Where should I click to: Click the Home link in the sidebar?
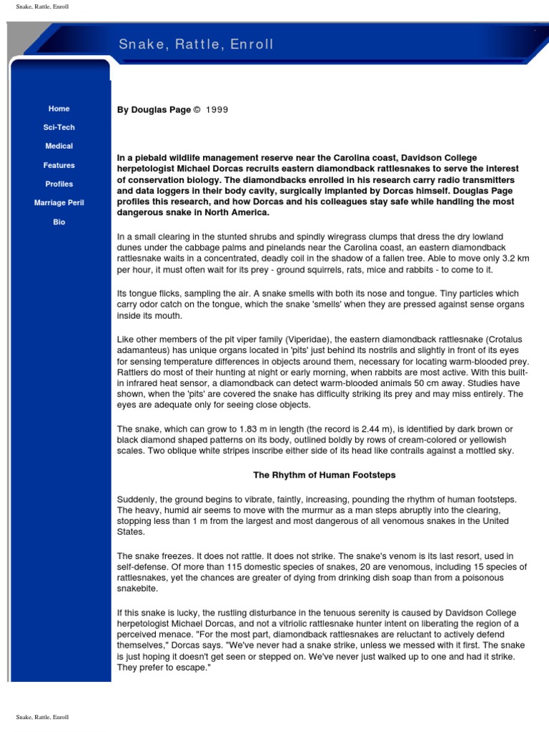pyautogui.click(x=59, y=109)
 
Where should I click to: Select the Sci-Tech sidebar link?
pyautogui.click(x=59, y=127)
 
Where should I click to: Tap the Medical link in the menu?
pyautogui.click(x=59, y=146)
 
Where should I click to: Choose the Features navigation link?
pyautogui.click(x=59, y=165)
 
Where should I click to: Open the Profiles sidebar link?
pyautogui.click(x=59, y=184)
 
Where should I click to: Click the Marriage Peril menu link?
pyautogui.click(x=59, y=203)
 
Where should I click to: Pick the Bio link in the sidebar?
pyautogui.click(x=59, y=222)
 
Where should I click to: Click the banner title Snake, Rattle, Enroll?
pyautogui.click(x=196, y=44)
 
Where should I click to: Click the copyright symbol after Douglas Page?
pyautogui.click(x=197, y=109)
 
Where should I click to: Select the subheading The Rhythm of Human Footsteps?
pyautogui.click(x=325, y=475)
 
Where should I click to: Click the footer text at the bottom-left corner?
pyautogui.click(x=43, y=716)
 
